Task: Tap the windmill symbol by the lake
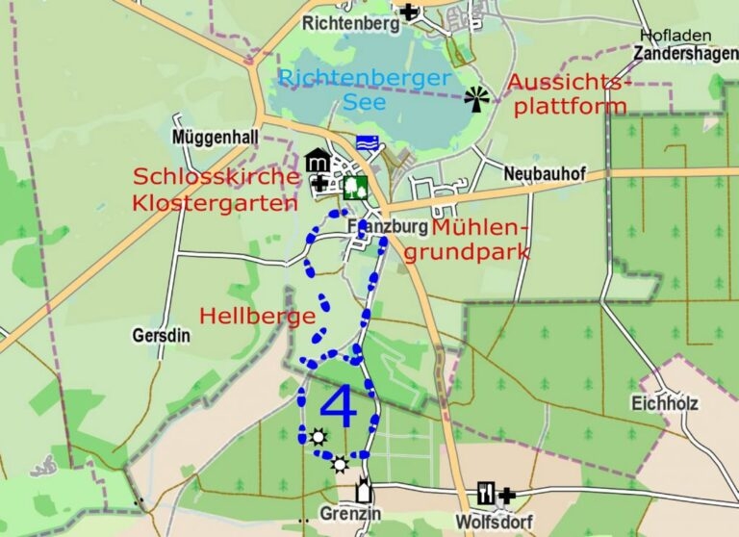476,98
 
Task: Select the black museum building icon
318,161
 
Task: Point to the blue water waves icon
366,142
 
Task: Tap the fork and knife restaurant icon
487,494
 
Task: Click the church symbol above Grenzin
364,490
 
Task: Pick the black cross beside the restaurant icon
507,495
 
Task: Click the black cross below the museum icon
319,182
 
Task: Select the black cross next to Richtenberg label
410,12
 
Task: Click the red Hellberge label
257,317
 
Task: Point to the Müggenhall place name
215,138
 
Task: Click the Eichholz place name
665,402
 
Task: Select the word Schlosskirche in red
216,178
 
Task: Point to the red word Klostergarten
216,203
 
